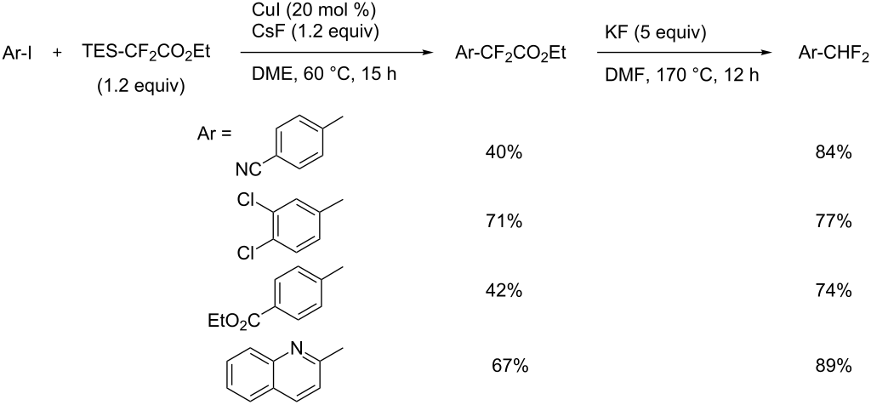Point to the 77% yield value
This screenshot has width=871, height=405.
point(833,222)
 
